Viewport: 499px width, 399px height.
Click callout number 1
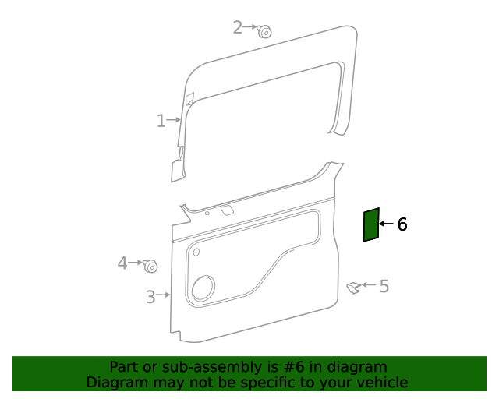click(x=161, y=121)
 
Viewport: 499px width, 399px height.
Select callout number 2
click(x=238, y=27)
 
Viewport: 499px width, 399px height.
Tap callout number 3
click(x=150, y=296)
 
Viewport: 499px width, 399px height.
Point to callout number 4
click(x=122, y=263)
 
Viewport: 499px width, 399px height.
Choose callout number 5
click(x=384, y=286)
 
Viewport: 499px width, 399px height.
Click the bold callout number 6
click(x=402, y=224)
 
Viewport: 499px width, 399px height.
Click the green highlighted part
click(x=371, y=224)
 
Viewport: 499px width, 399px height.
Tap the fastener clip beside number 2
click(x=264, y=31)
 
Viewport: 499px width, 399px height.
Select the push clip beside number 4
click(x=150, y=266)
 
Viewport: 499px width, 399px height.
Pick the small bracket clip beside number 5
click(x=354, y=288)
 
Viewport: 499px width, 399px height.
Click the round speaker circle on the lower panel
click(x=203, y=288)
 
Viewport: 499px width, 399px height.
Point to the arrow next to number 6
click(x=387, y=224)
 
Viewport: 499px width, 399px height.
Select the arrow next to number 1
click(x=174, y=120)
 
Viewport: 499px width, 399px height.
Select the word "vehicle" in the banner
click(x=382, y=382)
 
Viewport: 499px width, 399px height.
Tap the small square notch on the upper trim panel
click(x=189, y=98)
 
